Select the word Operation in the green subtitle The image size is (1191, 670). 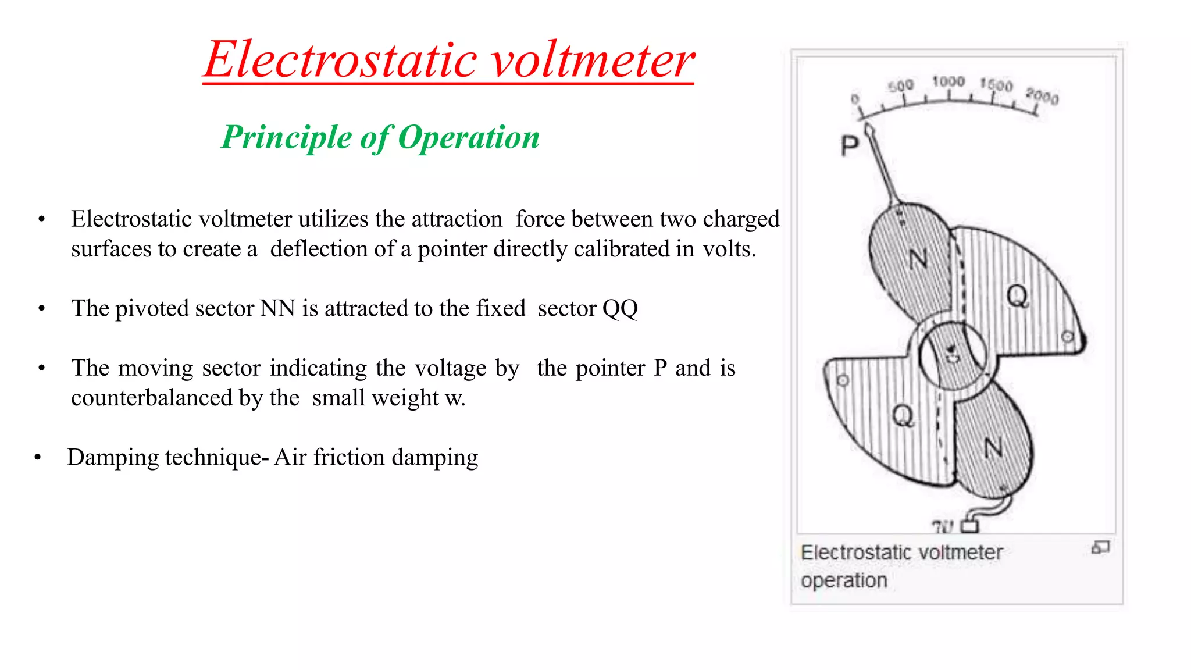click(469, 138)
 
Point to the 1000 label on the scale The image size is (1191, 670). click(948, 82)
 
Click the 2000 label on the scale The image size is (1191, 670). click(1042, 96)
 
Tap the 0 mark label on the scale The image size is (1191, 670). click(855, 99)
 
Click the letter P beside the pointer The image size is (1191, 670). click(850, 145)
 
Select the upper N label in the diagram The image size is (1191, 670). click(918, 258)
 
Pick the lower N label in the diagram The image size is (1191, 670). click(993, 448)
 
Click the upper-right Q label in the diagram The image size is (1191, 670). click(1017, 297)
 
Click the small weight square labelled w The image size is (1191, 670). click(969, 526)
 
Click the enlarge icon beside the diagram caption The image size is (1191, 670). click(1100, 547)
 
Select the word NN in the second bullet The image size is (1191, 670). click(278, 309)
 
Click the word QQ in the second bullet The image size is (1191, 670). click(620, 309)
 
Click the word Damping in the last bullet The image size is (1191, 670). click(113, 458)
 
